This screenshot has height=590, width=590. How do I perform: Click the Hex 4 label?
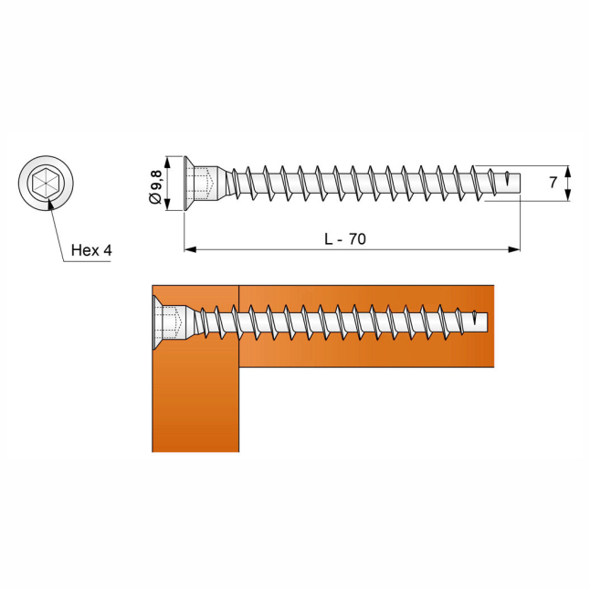[91, 250]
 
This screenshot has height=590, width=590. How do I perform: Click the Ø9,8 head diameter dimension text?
[155, 187]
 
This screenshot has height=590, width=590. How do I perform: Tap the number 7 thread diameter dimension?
[553, 183]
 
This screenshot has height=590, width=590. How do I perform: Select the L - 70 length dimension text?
[345, 239]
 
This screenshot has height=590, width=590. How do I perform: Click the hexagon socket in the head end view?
[46, 184]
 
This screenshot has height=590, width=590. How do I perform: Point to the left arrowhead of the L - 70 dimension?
[190, 249]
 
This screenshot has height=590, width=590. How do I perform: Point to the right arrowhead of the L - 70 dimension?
[514, 249]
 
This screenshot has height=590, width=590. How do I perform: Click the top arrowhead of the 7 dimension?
[568, 171]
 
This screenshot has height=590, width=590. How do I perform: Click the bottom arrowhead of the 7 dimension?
[568, 195]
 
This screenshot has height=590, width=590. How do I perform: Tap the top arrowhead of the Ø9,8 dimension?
[168, 163]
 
